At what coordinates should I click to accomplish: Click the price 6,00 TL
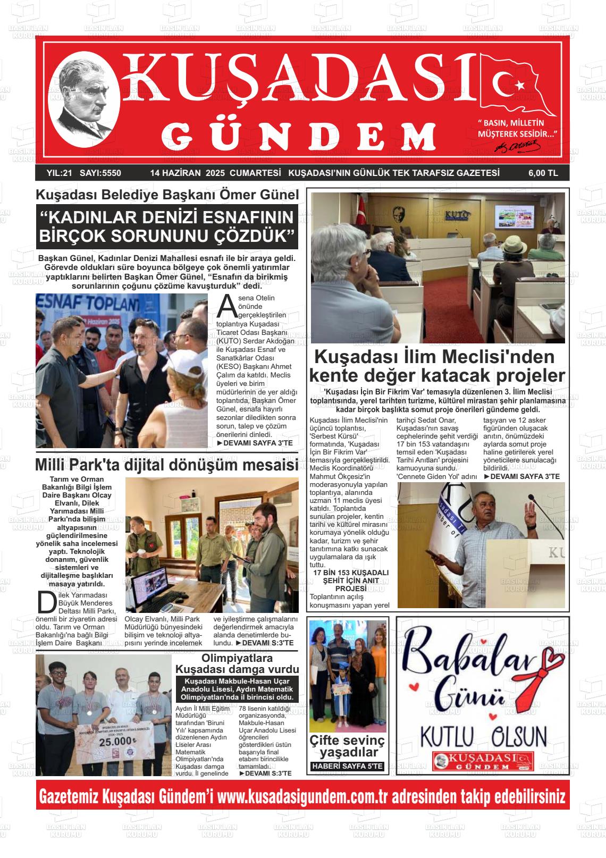[543, 173]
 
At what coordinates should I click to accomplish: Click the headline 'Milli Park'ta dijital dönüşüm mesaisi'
[166, 465]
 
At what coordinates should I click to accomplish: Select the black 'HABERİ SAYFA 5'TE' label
[347, 766]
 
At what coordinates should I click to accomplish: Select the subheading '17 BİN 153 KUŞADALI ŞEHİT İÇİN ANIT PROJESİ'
[351, 581]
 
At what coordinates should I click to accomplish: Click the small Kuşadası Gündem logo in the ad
[482, 761]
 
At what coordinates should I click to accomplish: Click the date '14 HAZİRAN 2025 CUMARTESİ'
[215, 173]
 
